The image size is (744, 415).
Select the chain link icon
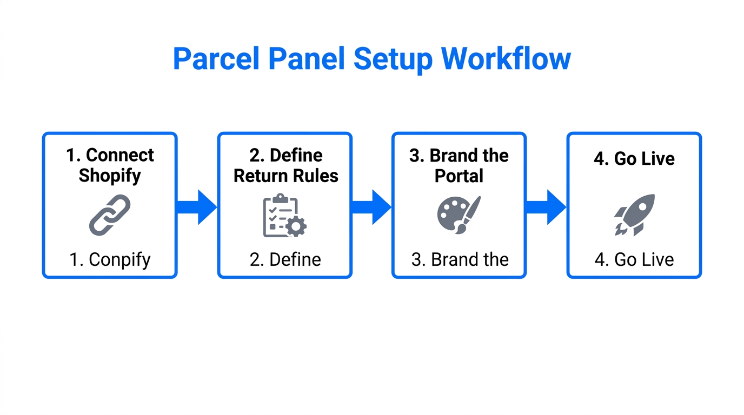coord(110,215)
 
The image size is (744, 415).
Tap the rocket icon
coord(634,215)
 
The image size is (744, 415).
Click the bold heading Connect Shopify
coord(110,165)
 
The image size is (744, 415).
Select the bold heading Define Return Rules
coord(285,165)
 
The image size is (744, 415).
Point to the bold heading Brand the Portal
coord(459,165)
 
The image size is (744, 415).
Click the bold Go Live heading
coord(634,159)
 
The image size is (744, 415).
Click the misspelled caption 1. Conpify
coord(110,260)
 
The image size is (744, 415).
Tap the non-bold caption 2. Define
coord(285,260)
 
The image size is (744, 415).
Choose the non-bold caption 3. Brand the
coord(460,260)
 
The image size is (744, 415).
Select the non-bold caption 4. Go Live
coord(634,260)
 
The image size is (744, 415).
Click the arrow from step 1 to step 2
coord(197,207)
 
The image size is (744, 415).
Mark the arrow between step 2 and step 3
coord(372,207)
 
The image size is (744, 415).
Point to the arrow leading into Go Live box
coord(547,207)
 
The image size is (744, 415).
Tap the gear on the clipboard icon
coord(296,226)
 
